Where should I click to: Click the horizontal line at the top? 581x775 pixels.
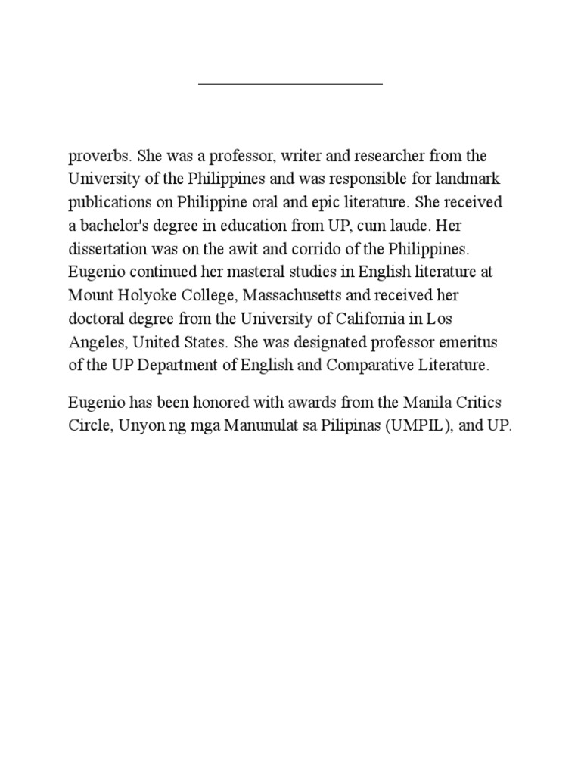290,82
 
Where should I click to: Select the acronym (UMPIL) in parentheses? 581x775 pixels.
417,425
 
